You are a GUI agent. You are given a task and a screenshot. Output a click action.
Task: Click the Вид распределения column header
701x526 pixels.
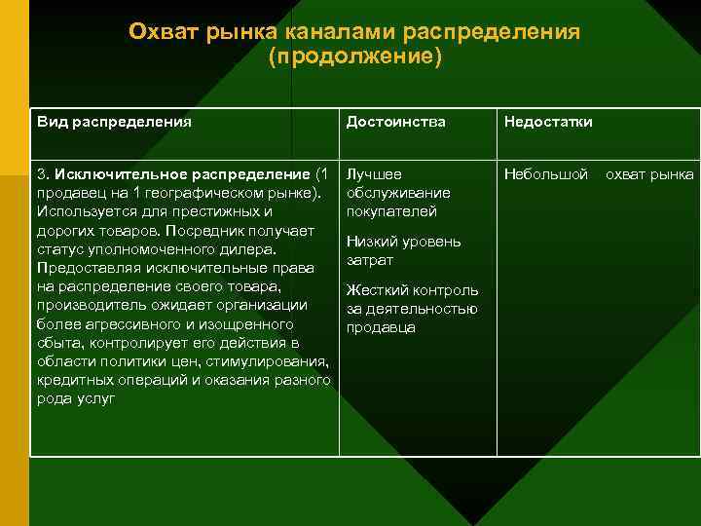click(x=114, y=122)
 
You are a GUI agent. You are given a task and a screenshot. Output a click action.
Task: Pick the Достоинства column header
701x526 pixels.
click(x=396, y=122)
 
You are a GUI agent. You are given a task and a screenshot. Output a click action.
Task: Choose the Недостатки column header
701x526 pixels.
click(x=548, y=122)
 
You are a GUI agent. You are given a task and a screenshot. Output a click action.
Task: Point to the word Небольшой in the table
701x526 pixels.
click(x=546, y=174)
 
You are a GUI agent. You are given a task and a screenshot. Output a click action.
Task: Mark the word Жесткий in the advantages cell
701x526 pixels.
click(x=376, y=289)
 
